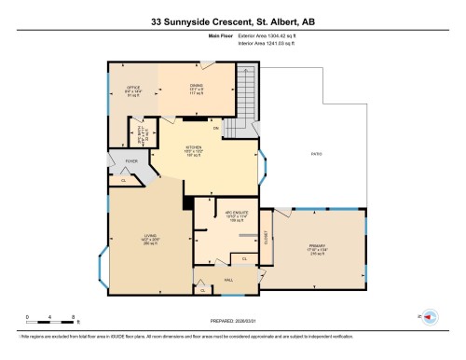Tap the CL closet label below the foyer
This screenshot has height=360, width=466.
[x=124, y=180]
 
